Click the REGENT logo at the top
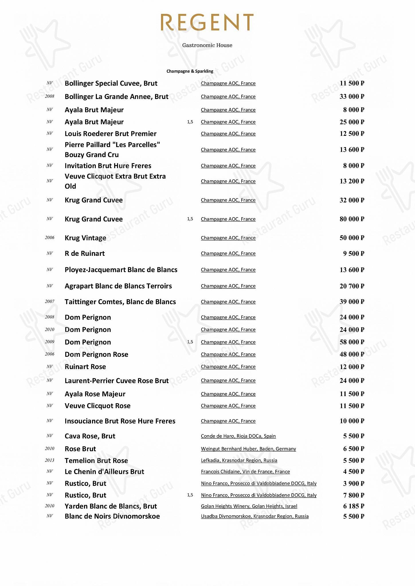point(207,22)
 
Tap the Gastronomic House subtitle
point(207,45)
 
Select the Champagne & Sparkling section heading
point(190,71)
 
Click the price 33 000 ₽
point(352,96)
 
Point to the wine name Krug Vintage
point(85,238)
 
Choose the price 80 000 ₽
point(352,219)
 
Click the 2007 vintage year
point(50,302)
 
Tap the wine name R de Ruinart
point(85,253)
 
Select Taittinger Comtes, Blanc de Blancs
point(120,302)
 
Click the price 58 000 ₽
point(352,342)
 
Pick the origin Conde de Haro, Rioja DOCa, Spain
point(238,436)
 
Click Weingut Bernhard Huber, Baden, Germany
point(248,449)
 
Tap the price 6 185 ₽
point(353,506)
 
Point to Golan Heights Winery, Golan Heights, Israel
point(249,506)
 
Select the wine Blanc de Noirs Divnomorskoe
point(112,516)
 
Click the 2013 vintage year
point(50,460)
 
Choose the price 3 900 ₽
point(353,483)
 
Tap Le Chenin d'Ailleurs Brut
point(104,472)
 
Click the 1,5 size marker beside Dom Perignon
point(190,342)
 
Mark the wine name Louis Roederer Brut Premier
point(110,134)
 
